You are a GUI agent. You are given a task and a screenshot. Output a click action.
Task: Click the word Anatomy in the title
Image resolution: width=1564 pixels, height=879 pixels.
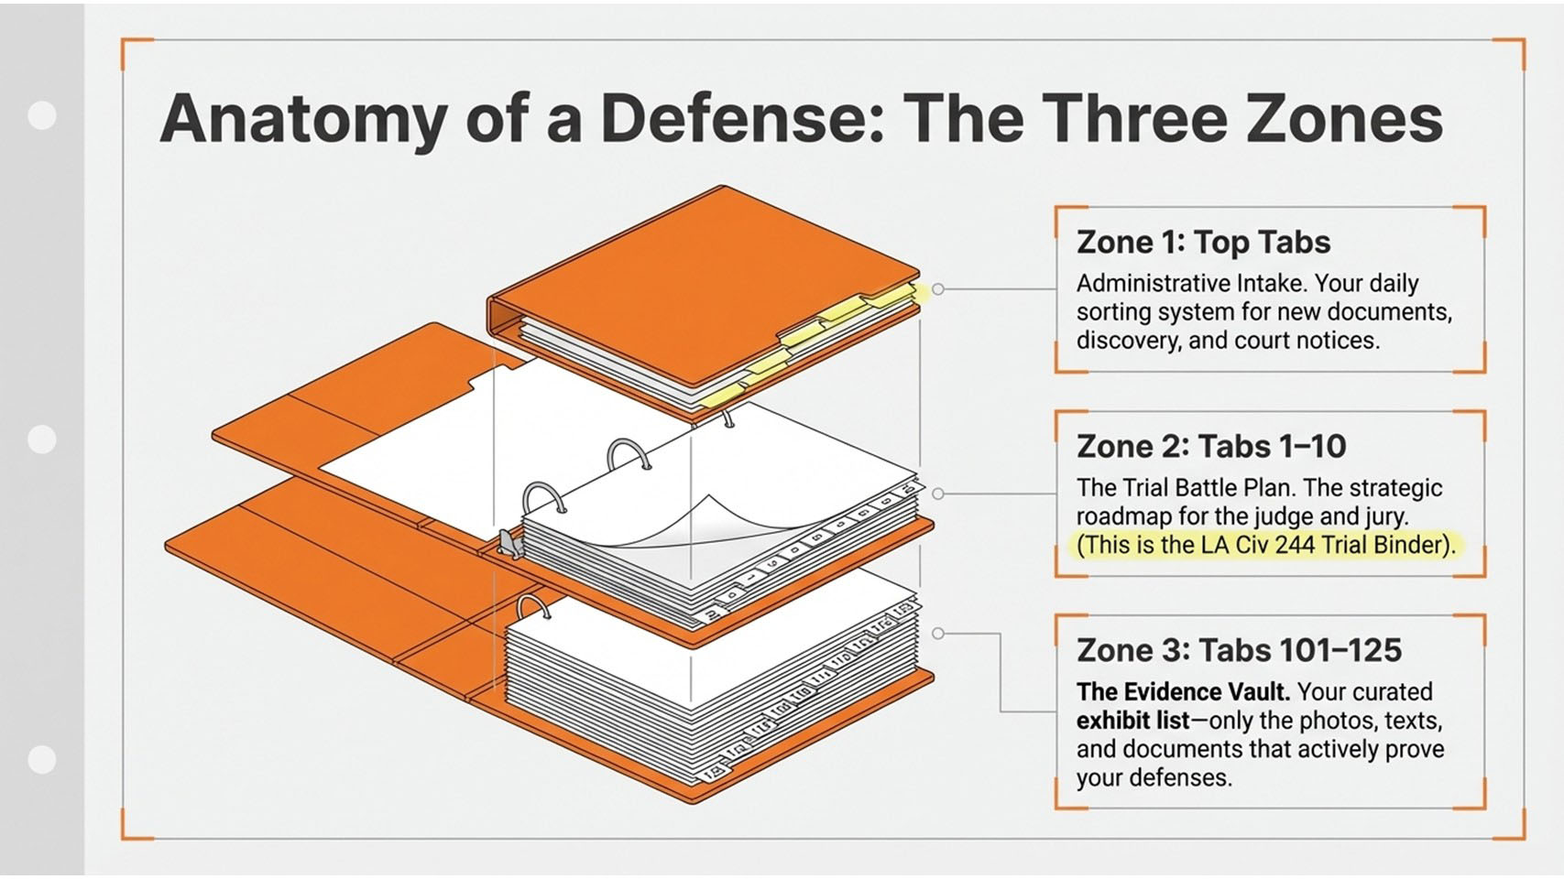coord(303,119)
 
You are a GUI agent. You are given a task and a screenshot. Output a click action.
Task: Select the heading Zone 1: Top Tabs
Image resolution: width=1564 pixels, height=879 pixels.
coord(1203,242)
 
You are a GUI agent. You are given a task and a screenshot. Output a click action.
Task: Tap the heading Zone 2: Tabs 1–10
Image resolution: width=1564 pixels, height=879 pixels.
coord(1210,447)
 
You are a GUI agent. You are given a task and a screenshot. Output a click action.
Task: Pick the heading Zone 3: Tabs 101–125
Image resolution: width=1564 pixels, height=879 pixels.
coord(1239,650)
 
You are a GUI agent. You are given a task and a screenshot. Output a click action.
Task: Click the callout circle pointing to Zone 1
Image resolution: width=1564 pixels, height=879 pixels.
coord(938,288)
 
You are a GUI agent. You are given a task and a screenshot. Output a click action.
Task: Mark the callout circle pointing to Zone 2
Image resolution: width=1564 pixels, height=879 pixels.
coord(938,494)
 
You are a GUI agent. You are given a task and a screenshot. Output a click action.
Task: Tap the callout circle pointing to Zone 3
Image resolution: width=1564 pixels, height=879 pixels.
coord(938,634)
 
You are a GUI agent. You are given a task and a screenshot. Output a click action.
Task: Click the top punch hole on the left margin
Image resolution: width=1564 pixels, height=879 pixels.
coord(42,115)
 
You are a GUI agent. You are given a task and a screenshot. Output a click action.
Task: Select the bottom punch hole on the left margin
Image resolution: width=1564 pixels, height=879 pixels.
coord(42,759)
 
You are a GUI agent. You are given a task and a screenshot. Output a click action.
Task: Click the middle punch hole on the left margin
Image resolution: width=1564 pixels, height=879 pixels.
coord(42,439)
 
